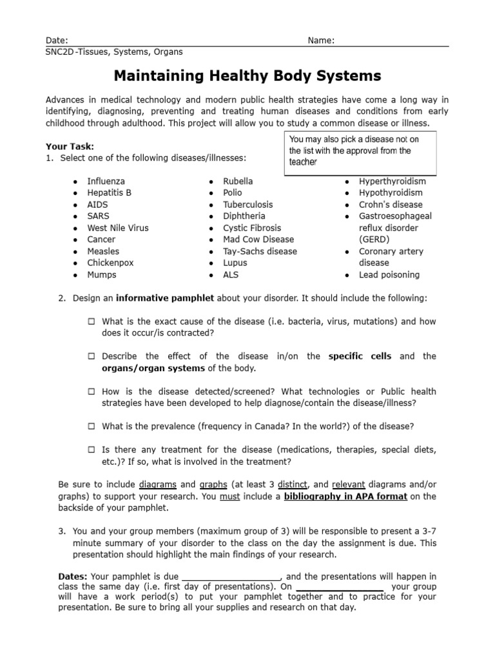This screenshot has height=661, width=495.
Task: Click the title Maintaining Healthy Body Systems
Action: click(x=247, y=76)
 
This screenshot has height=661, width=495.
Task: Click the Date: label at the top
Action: click(x=57, y=40)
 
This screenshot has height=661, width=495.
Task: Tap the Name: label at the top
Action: click(x=321, y=40)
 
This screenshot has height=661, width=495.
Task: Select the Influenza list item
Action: click(x=106, y=181)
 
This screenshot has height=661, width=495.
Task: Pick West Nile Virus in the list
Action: click(x=118, y=228)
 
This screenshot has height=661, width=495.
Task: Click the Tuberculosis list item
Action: click(x=248, y=205)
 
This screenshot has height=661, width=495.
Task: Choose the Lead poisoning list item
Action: click(x=389, y=274)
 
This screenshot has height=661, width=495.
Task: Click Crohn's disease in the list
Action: click(x=391, y=205)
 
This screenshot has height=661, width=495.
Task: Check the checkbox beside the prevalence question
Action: click(x=92, y=426)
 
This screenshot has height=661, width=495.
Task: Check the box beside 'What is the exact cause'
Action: click(x=92, y=321)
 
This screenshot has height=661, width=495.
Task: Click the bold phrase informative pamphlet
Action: click(x=166, y=298)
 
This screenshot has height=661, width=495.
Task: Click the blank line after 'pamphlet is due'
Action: click(x=231, y=576)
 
